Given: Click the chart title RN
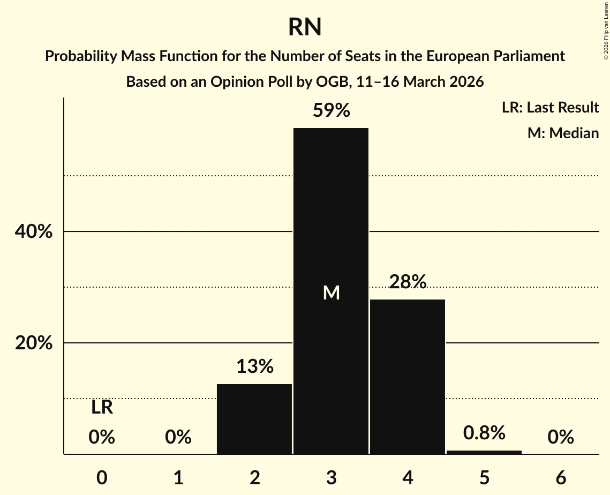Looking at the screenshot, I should click(x=305, y=27).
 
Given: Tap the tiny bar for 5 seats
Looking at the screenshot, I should click(x=484, y=452).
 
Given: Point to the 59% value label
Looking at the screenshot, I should click(x=332, y=111).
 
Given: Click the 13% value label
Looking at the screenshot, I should click(x=255, y=367).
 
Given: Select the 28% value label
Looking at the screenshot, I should click(x=408, y=282).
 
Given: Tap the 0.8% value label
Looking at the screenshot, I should click(x=484, y=433).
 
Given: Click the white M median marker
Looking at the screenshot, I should click(x=332, y=292).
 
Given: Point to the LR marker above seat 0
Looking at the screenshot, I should click(x=102, y=408).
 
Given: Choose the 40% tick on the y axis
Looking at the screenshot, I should click(x=34, y=232).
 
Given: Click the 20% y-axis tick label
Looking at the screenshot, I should click(x=34, y=343).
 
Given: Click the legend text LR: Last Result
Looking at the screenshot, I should click(x=550, y=108).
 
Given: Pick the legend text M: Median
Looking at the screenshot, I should click(x=563, y=133).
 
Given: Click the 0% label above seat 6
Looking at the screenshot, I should click(x=561, y=438).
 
